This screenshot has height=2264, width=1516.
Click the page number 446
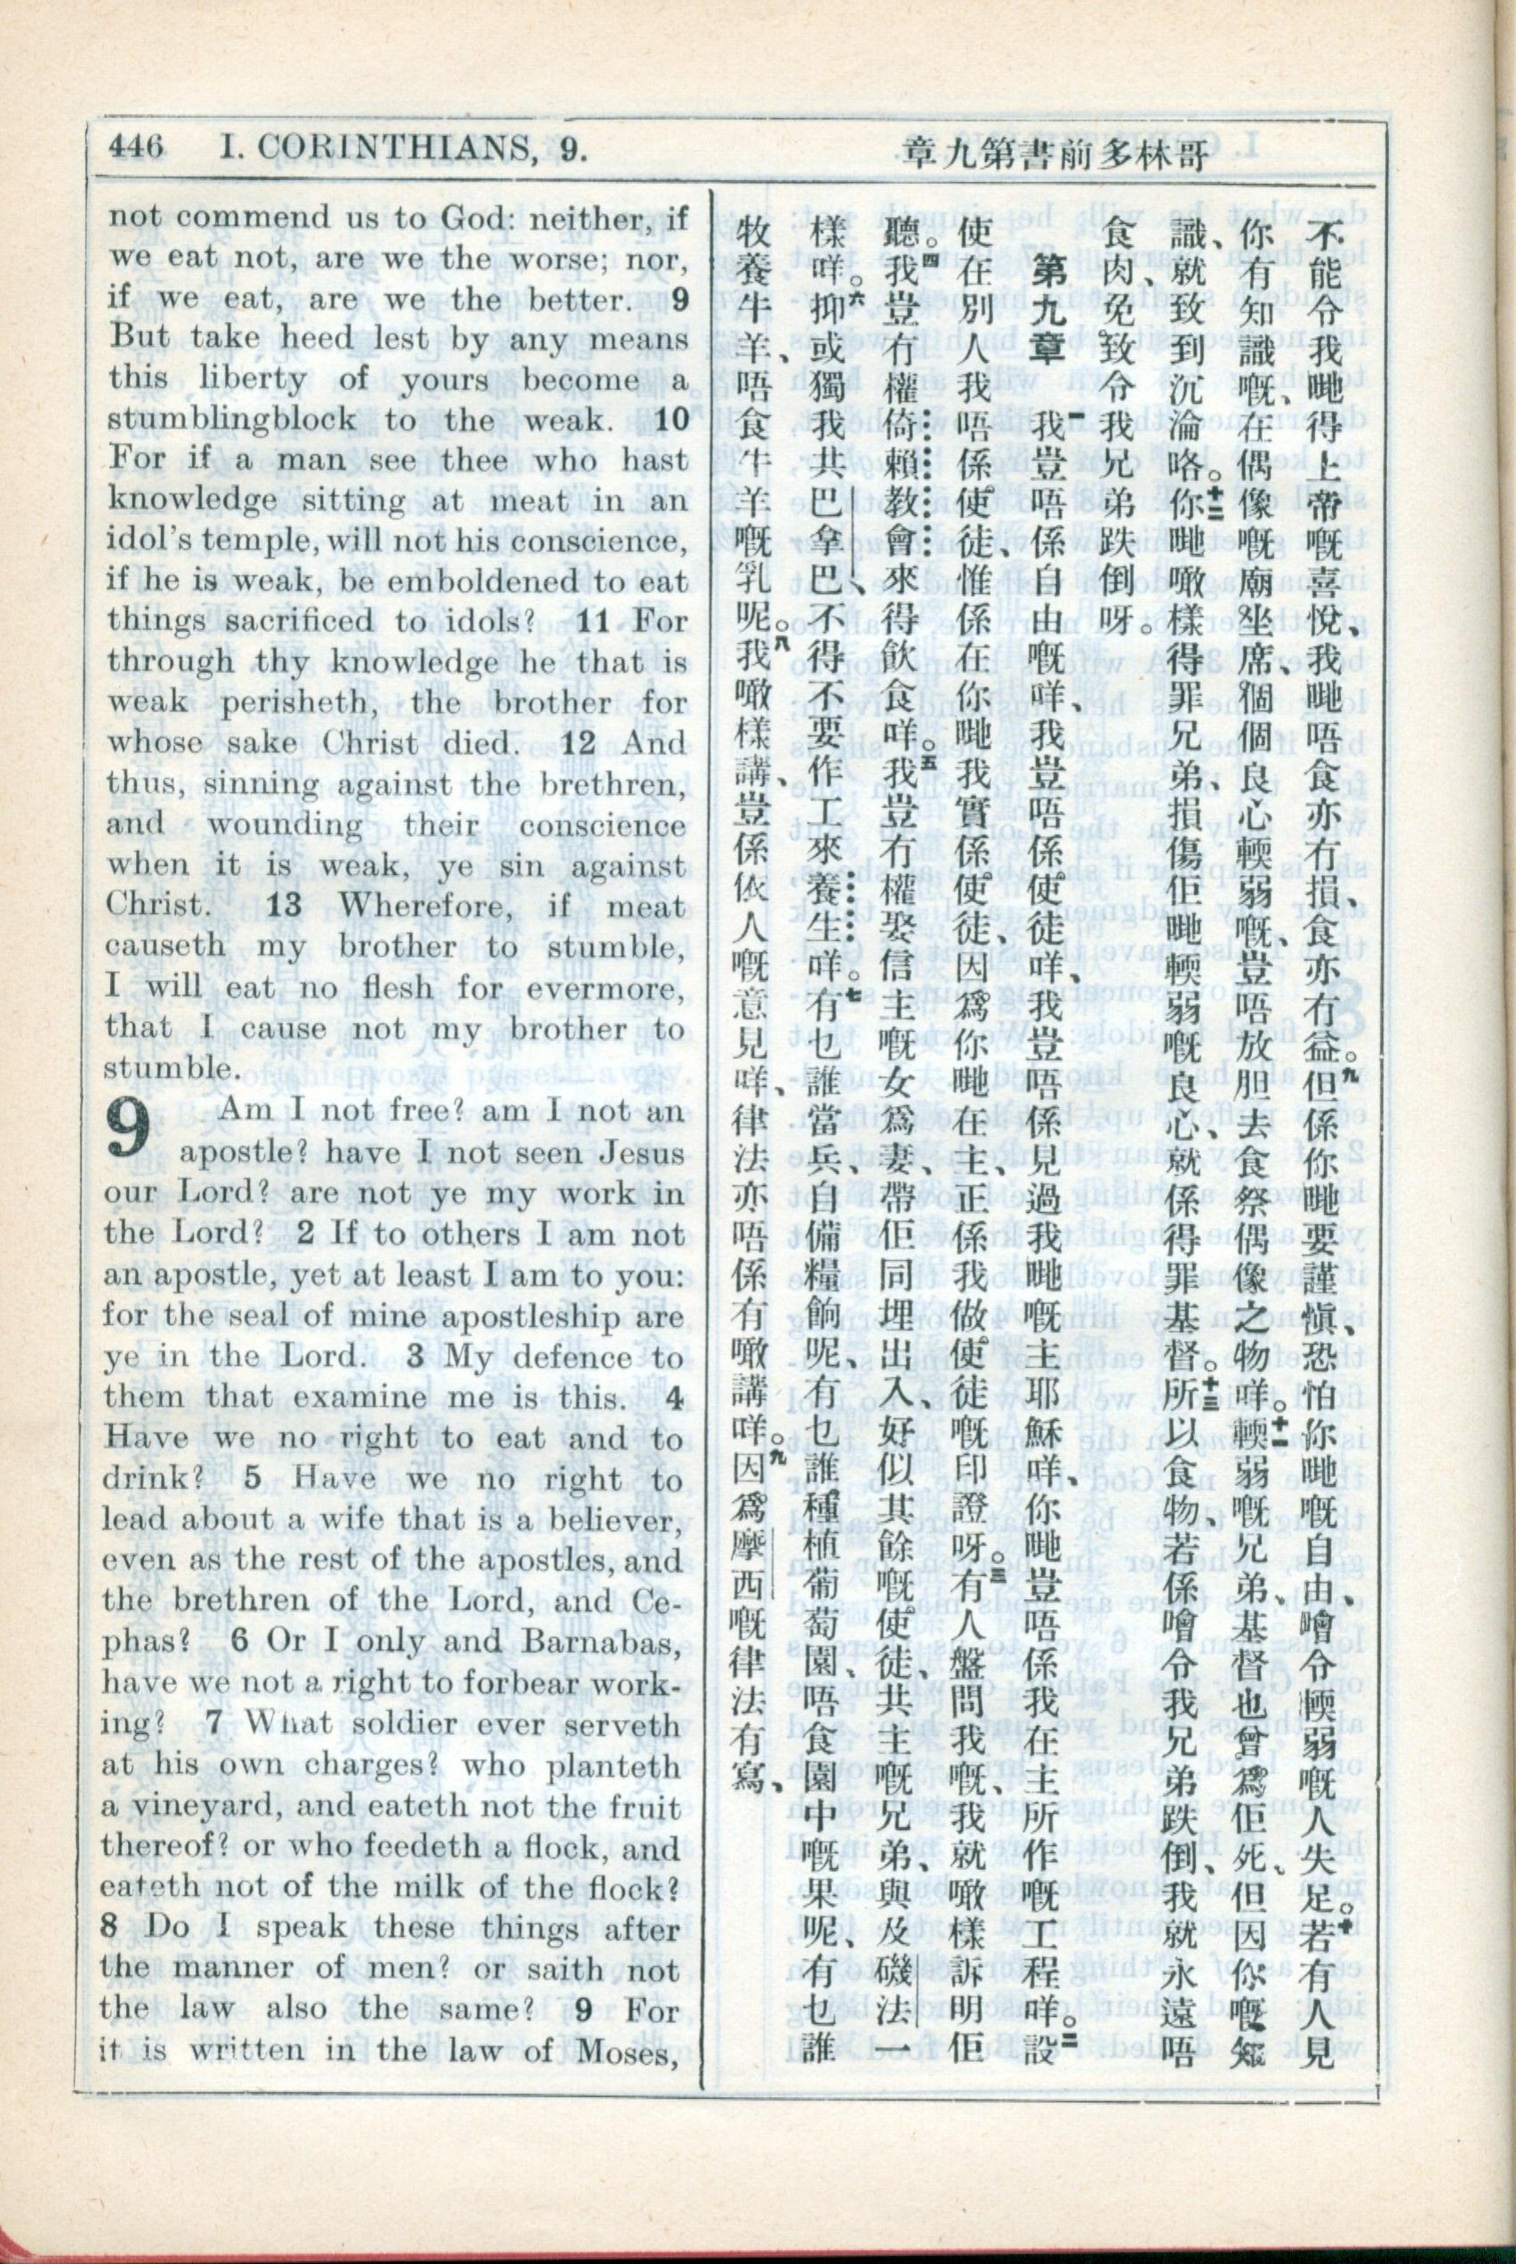click(x=135, y=148)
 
